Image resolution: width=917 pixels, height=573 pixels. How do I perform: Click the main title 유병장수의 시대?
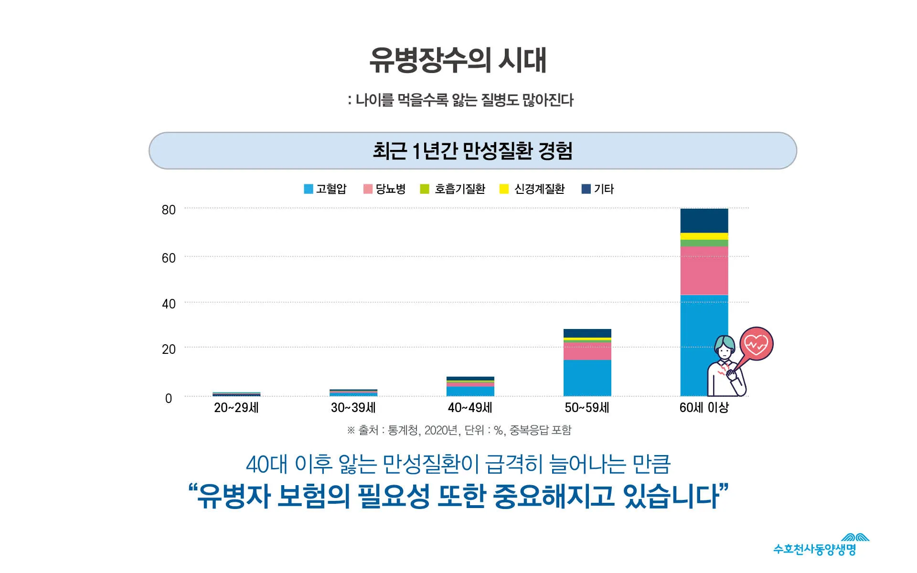coord(458,60)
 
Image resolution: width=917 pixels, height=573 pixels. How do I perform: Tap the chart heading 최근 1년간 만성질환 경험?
coord(472,151)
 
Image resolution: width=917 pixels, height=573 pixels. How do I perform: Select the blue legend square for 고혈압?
coord(309,189)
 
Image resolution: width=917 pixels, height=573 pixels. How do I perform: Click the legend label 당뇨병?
coord(390,189)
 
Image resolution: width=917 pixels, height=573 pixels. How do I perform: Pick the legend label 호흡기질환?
coord(459,189)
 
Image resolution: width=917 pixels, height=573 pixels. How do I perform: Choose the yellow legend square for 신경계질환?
coord(504,189)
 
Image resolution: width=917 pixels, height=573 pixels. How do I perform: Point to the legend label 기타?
coord(604,189)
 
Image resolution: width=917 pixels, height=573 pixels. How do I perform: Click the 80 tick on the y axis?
coord(169,210)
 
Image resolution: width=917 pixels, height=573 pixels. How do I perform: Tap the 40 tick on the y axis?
coord(169,304)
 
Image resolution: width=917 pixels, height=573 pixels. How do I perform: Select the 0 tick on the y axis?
coord(169,399)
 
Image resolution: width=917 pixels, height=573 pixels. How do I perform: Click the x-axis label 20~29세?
coord(236,408)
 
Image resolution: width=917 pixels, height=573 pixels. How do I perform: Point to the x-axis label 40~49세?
coord(470,408)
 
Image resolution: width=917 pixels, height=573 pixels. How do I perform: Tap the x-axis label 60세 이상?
coord(704,408)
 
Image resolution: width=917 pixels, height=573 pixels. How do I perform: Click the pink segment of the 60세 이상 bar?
coord(704,271)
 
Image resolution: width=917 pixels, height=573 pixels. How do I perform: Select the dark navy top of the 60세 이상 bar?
coord(704,221)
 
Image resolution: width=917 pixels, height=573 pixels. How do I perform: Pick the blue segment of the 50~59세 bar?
coord(587,378)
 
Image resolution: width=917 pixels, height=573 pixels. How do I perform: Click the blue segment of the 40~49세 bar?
coord(470,391)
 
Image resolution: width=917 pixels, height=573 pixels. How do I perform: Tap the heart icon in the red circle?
coord(756,344)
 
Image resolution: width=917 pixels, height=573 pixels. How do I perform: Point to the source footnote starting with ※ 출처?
coord(459,431)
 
